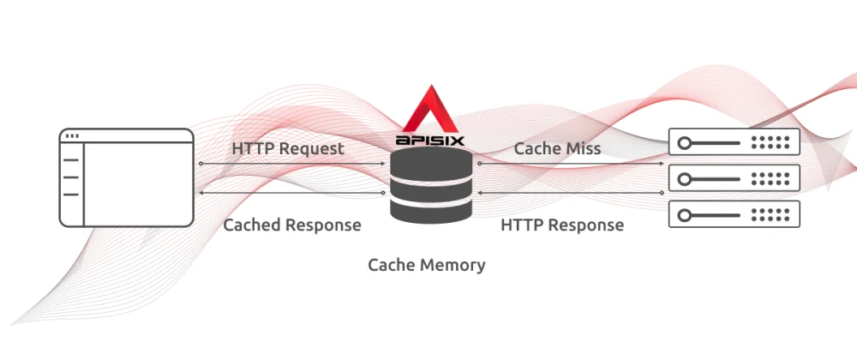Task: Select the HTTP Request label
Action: tap(288, 148)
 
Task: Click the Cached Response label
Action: tap(291, 225)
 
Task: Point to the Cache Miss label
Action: tap(557, 148)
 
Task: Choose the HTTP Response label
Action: tap(561, 225)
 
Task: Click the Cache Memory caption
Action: tap(427, 264)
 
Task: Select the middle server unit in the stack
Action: tap(733, 178)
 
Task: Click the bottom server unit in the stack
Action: tap(733, 214)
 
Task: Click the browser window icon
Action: tap(127, 177)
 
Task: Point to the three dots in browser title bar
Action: tap(72, 136)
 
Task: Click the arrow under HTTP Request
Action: tap(291, 163)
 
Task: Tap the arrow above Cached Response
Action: tap(291, 194)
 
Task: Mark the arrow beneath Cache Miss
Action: tap(571, 163)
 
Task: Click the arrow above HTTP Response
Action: tap(571, 194)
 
